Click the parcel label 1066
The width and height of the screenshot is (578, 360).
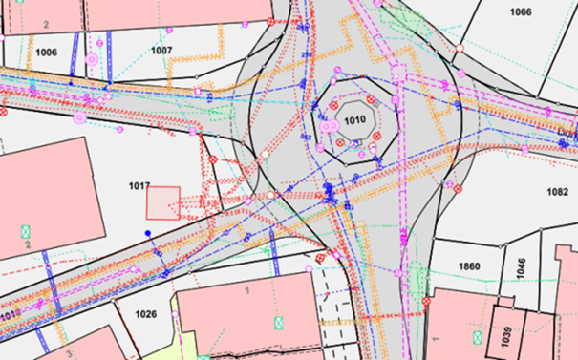[521, 12]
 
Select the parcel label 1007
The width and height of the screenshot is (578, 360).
[161, 49]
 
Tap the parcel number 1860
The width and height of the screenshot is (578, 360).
[470, 265]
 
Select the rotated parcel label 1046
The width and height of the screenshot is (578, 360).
[521, 266]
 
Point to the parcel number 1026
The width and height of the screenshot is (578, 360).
[145, 314]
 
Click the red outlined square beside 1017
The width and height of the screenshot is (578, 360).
[162, 203]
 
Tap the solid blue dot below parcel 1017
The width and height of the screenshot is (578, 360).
[147, 233]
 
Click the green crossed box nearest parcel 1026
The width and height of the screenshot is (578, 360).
[278, 324]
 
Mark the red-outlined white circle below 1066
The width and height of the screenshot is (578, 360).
[460, 48]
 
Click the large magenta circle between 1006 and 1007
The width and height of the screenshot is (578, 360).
[93, 59]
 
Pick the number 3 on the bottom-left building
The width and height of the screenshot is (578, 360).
[68, 353]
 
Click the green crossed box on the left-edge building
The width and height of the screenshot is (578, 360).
[26, 231]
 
